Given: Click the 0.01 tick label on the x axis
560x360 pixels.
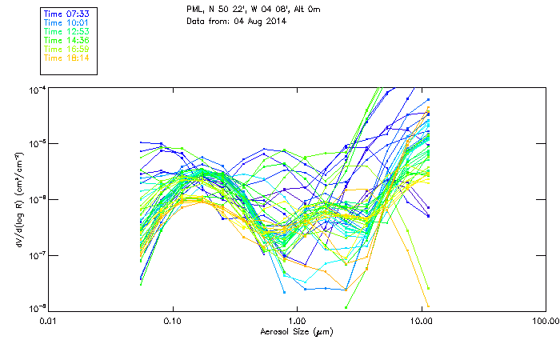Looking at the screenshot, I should pos(49,321).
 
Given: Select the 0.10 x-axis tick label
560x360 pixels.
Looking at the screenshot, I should pos(173,321).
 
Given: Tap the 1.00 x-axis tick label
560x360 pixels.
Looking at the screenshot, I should pos(297,321).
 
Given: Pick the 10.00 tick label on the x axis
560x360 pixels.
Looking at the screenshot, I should pos(421,321).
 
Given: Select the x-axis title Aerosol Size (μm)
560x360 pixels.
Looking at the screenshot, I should pos(296,330).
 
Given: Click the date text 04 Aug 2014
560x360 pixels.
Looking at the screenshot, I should pos(258,20).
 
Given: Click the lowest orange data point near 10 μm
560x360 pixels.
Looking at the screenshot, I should pos(429,306).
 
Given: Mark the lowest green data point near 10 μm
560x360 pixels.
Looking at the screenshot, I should pos(429,287).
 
